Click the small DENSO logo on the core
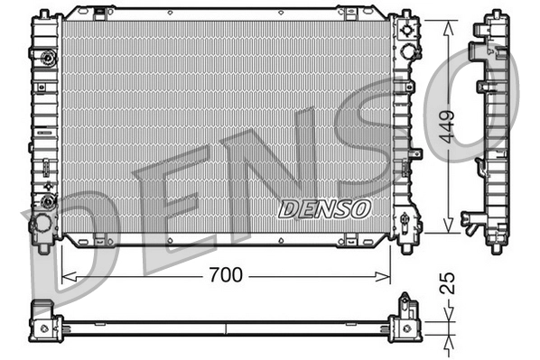click(324, 208)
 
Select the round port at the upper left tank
click(45, 60)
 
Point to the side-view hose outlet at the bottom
click(471, 219)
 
